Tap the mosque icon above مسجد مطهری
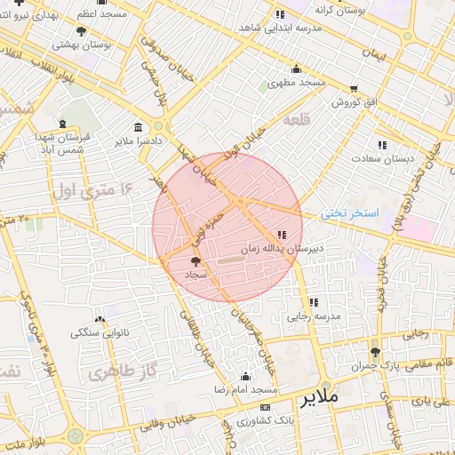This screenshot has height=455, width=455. click(297, 69)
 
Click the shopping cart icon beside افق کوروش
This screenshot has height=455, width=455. click(355, 88)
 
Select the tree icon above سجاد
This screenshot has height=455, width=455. click(196, 261)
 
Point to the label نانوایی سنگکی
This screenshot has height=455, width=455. click(99, 333)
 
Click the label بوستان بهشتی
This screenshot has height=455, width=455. click(81, 44)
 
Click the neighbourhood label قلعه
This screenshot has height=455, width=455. click(297, 119)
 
